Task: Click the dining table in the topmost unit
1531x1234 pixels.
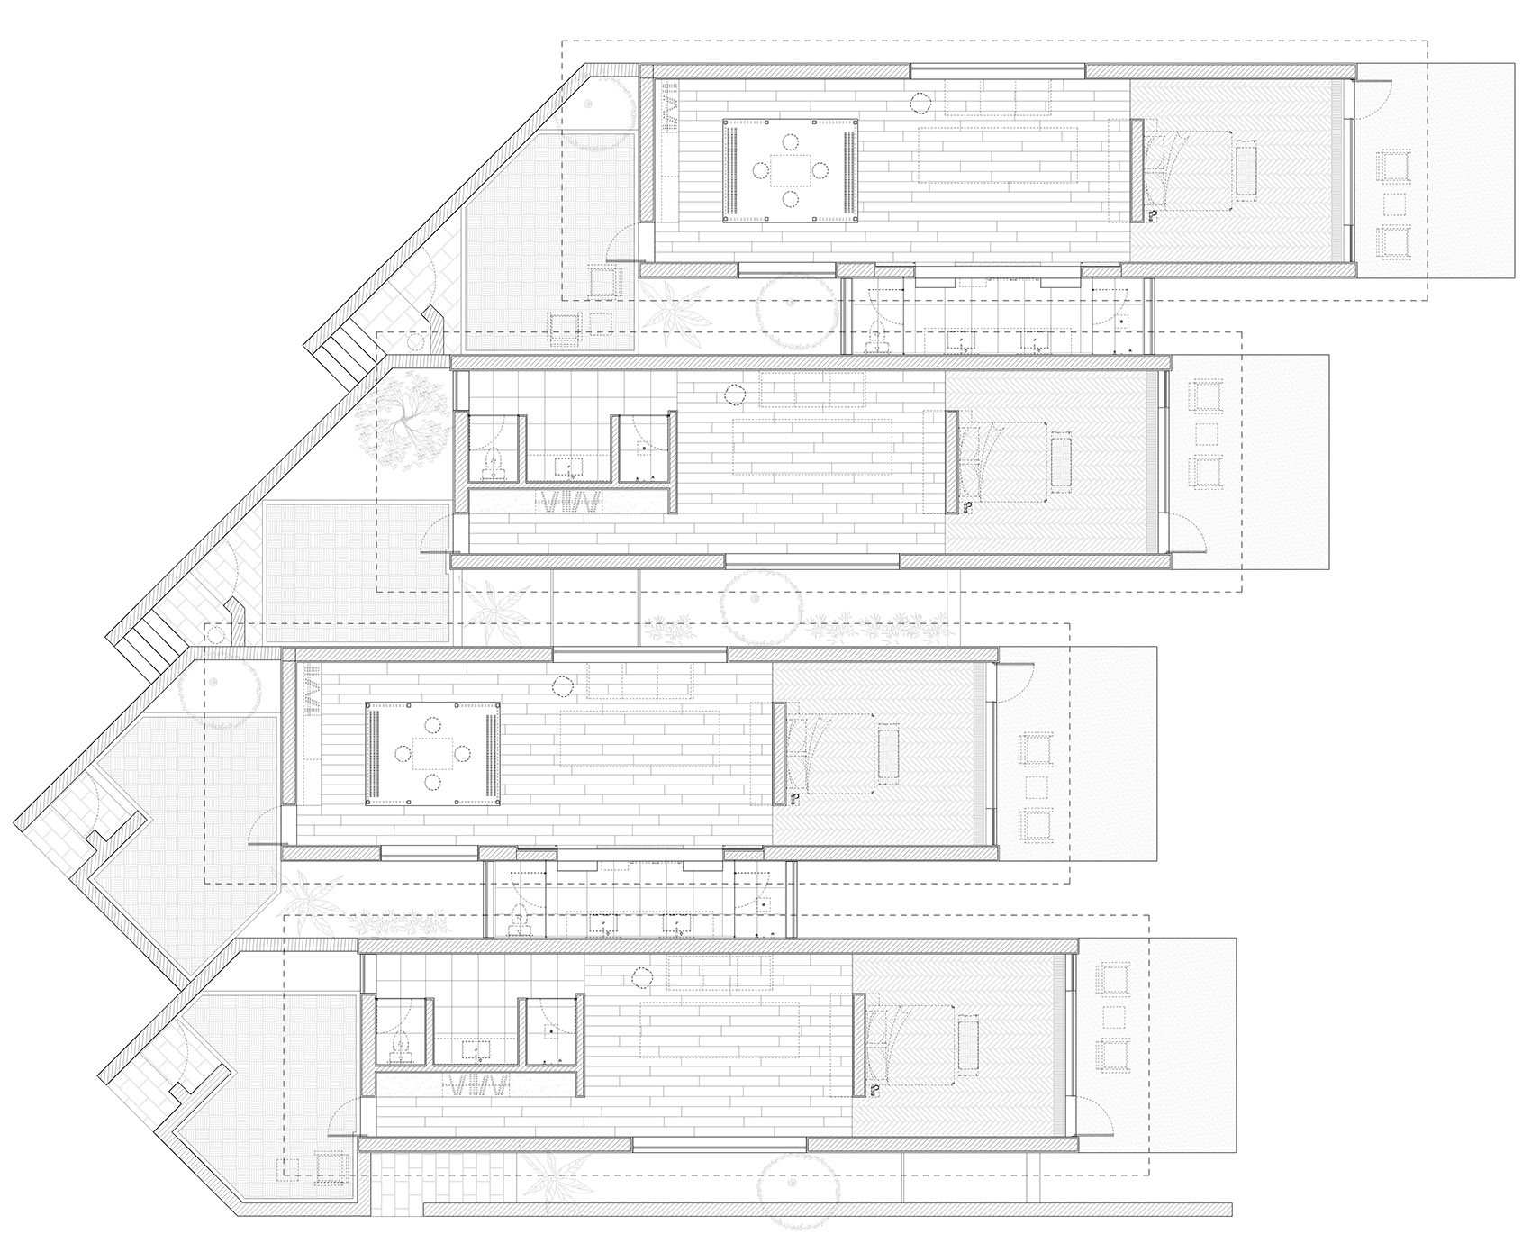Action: click(790, 169)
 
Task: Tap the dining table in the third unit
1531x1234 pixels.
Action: click(433, 752)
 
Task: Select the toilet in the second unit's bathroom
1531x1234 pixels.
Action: click(492, 463)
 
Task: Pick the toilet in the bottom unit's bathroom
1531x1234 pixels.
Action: click(400, 1046)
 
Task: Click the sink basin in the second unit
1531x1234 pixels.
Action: click(568, 467)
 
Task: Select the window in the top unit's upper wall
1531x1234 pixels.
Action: click(997, 71)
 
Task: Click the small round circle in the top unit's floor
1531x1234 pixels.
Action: click(920, 104)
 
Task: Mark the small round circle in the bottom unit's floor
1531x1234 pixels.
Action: click(641, 976)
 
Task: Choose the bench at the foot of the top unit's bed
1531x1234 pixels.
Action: click(1247, 169)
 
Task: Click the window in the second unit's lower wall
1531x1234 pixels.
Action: click(811, 561)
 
